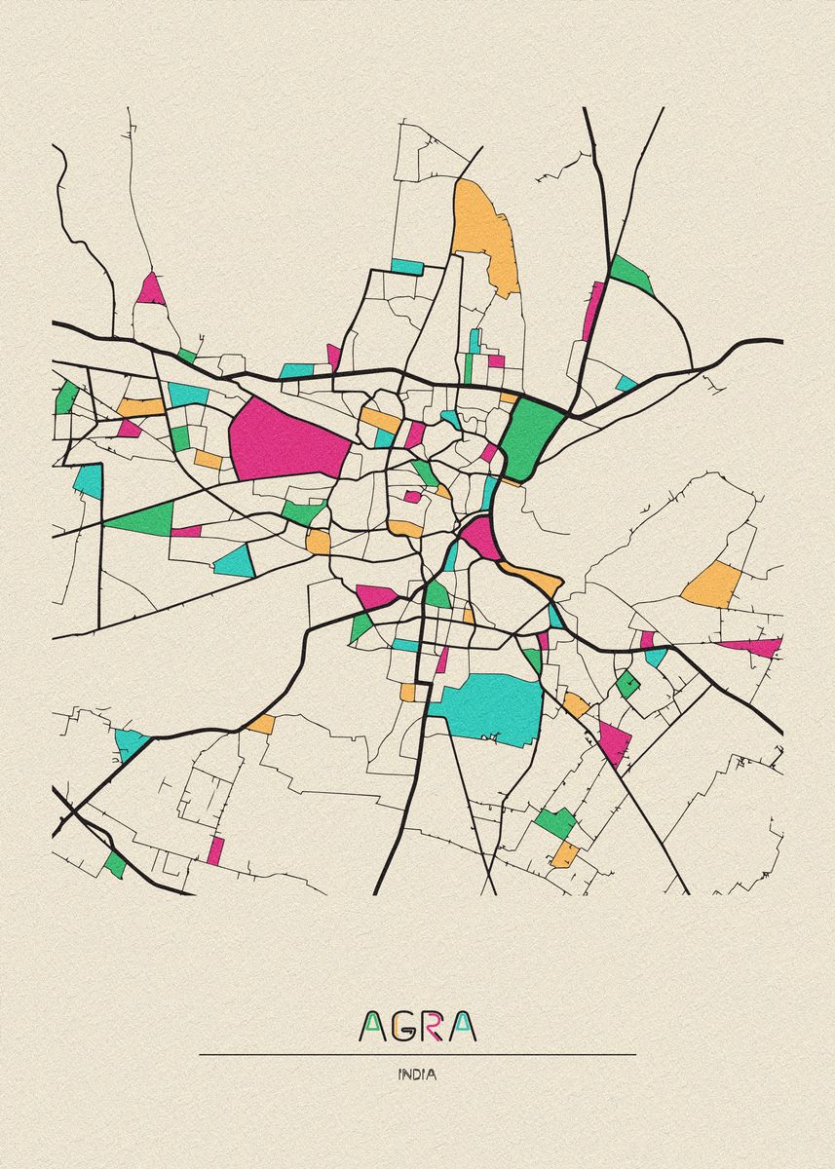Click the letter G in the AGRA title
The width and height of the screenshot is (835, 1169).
pos(402,1025)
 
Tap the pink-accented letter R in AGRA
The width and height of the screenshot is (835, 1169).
pos(433,1025)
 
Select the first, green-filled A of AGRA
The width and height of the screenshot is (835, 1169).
pos(373,1025)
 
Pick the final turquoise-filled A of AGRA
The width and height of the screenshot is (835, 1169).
pos(463,1025)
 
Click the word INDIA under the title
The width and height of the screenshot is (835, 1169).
pos(417,1075)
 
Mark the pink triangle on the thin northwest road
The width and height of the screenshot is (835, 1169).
pos(150,289)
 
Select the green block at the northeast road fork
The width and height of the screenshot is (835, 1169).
pos(631,276)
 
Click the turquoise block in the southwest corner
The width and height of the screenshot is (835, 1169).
pos(131,742)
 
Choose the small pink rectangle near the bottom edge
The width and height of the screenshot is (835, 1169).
pos(215,850)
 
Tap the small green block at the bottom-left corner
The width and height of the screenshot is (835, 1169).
pos(116,863)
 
